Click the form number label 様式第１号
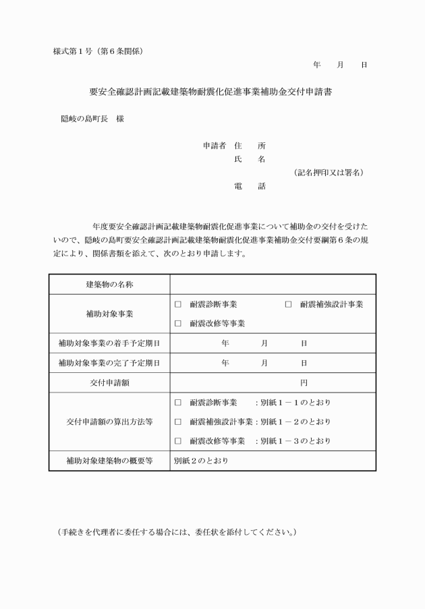(x=72, y=51)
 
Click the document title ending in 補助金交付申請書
(x=210, y=91)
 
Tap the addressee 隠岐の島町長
(x=80, y=119)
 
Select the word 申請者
(x=215, y=145)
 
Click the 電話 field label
(x=250, y=186)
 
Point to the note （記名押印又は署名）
(x=329, y=173)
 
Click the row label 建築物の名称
(x=109, y=285)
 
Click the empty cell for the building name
(x=273, y=285)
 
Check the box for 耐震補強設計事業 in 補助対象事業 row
(x=288, y=305)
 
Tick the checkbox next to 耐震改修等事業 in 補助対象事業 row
(x=178, y=324)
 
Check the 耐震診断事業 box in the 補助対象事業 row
(x=178, y=305)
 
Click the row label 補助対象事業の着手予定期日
(x=109, y=343)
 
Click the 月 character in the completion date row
(x=264, y=363)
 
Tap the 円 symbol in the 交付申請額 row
(x=304, y=382)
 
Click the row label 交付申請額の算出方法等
(x=109, y=422)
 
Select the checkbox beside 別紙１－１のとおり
(x=178, y=403)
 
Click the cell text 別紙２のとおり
(x=201, y=461)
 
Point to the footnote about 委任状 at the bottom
(x=177, y=532)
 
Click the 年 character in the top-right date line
(x=316, y=65)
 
